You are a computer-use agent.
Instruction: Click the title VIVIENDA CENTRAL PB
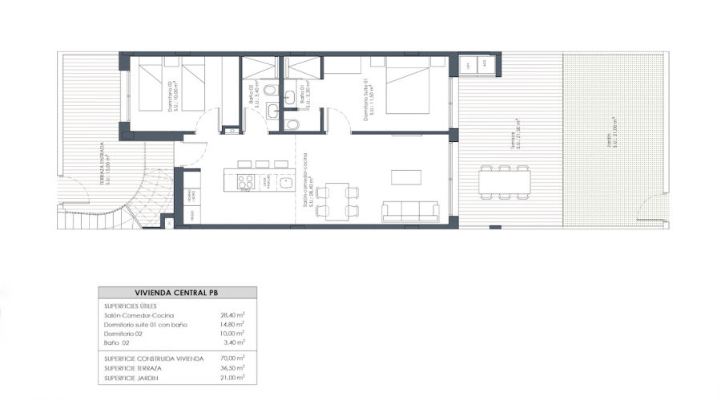[178, 294]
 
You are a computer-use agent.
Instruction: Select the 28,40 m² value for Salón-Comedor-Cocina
[232, 316]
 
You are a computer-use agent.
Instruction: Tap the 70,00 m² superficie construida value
[232, 358]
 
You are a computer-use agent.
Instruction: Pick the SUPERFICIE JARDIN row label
[132, 377]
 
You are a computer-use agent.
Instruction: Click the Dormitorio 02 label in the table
[126, 333]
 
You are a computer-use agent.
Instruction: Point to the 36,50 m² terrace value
[232, 367]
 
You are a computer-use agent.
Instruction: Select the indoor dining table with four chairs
[338, 200]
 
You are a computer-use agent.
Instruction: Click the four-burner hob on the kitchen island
[245, 182]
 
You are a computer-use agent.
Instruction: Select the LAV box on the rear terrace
[467, 66]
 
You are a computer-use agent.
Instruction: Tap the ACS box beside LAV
[484, 66]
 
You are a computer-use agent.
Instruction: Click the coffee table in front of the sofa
[401, 176]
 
